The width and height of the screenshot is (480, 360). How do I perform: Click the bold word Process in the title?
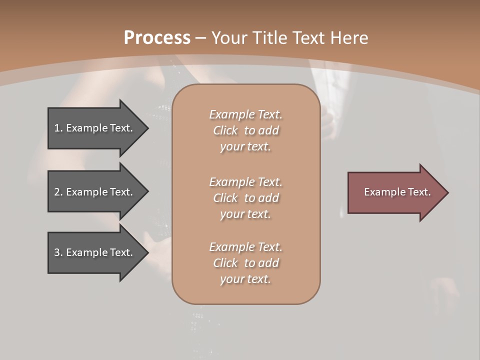pyautogui.click(x=157, y=38)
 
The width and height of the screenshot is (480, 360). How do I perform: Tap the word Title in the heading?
pyautogui.click(x=268, y=38)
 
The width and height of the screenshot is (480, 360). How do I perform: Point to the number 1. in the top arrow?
pyautogui.click(x=58, y=128)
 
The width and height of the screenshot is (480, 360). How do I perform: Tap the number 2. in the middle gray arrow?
pyautogui.click(x=58, y=192)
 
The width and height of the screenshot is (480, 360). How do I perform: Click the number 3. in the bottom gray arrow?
pyautogui.click(x=58, y=252)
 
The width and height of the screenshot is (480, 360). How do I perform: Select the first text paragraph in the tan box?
pyautogui.click(x=245, y=130)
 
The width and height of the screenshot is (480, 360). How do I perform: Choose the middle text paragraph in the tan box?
pyautogui.click(x=245, y=198)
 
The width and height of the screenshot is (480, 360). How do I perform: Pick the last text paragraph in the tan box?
pyautogui.click(x=245, y=263)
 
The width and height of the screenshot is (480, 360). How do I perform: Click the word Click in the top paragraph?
pyautogui.click(x=225, y=130)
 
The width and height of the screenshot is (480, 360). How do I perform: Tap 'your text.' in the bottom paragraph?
pyautogui.click(x=245, y=279)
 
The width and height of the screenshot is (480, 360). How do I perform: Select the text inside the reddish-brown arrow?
pyautogui.click(x=397, y=192)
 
